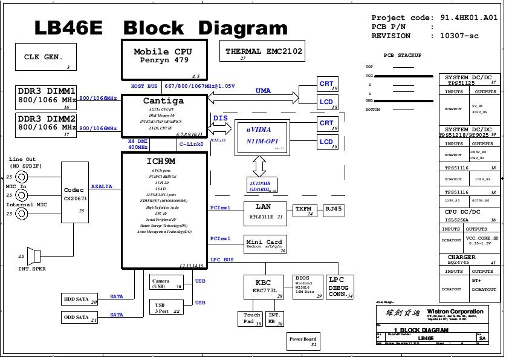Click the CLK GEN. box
click(x=44, y=58)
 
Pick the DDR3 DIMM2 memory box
click(x=47, y=125)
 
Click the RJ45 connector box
click(x=333, y=210)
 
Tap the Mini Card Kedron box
click(x=265, y=244)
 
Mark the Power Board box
click(x=303, y=342)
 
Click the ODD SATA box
click(x=80, y=317)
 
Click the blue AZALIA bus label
click(x=102, y=187)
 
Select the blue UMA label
click(x=263, y=91)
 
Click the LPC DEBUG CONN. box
click(x=340, y=287)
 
